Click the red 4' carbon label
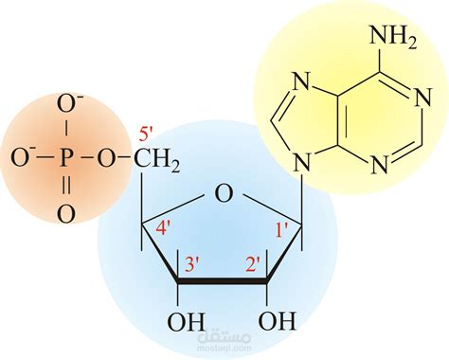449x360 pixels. point(166,228)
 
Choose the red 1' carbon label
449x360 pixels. point(281,228)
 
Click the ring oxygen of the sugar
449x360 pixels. point(223,195)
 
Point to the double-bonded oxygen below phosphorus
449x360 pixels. point(65,214)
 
